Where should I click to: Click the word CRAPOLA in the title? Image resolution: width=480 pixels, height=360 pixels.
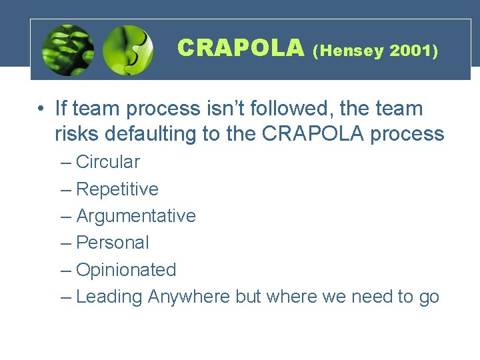[241, 48]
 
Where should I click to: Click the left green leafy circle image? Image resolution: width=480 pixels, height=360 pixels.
[67, 50]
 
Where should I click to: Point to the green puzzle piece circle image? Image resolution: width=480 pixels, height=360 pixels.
[128, 50]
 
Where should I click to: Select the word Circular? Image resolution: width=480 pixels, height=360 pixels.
[108, 162]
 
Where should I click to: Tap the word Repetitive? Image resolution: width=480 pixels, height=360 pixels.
[117, 189]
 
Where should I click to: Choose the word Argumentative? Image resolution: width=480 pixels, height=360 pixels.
[136, 216]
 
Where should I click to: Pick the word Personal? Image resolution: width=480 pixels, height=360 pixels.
[113, 243]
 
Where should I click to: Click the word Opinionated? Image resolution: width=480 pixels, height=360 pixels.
[126, 270]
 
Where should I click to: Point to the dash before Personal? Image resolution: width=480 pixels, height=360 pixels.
[65, 243]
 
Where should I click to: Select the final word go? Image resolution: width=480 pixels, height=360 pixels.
[429, 297]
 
